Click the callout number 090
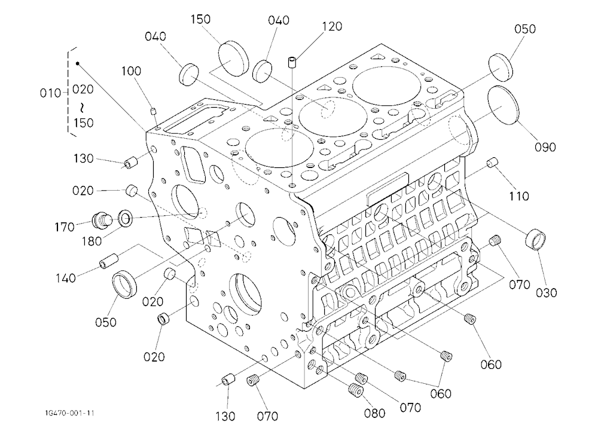pyautogui.click(x=545, y=147)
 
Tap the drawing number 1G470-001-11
pyautogui.click(x=69, y=413)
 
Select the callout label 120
pyautogui.click(x=332, y=26)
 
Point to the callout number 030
pyautogui.click(x=546, y=293)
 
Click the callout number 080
pyautogui.click(x=374, y=413)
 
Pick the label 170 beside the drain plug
pyautogui.click(x=64, y=227)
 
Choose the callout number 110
pyautogui.click(x=519, y=197)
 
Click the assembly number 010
pyautogui.click(x=50, y=93)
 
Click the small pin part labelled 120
pyautogui.click(x=292, y=62)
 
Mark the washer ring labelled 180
pyautogui.click(x=126, y=218)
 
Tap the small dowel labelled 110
pyautogui.click(x=493, y=163)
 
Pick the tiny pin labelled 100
pyautogui.click(x=153, y=111)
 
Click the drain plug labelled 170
pyautogui.click(x=102, y=221)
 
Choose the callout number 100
pyautogui.click(x=131, y=71)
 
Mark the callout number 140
pyautogui.click(x=66, y=279)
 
